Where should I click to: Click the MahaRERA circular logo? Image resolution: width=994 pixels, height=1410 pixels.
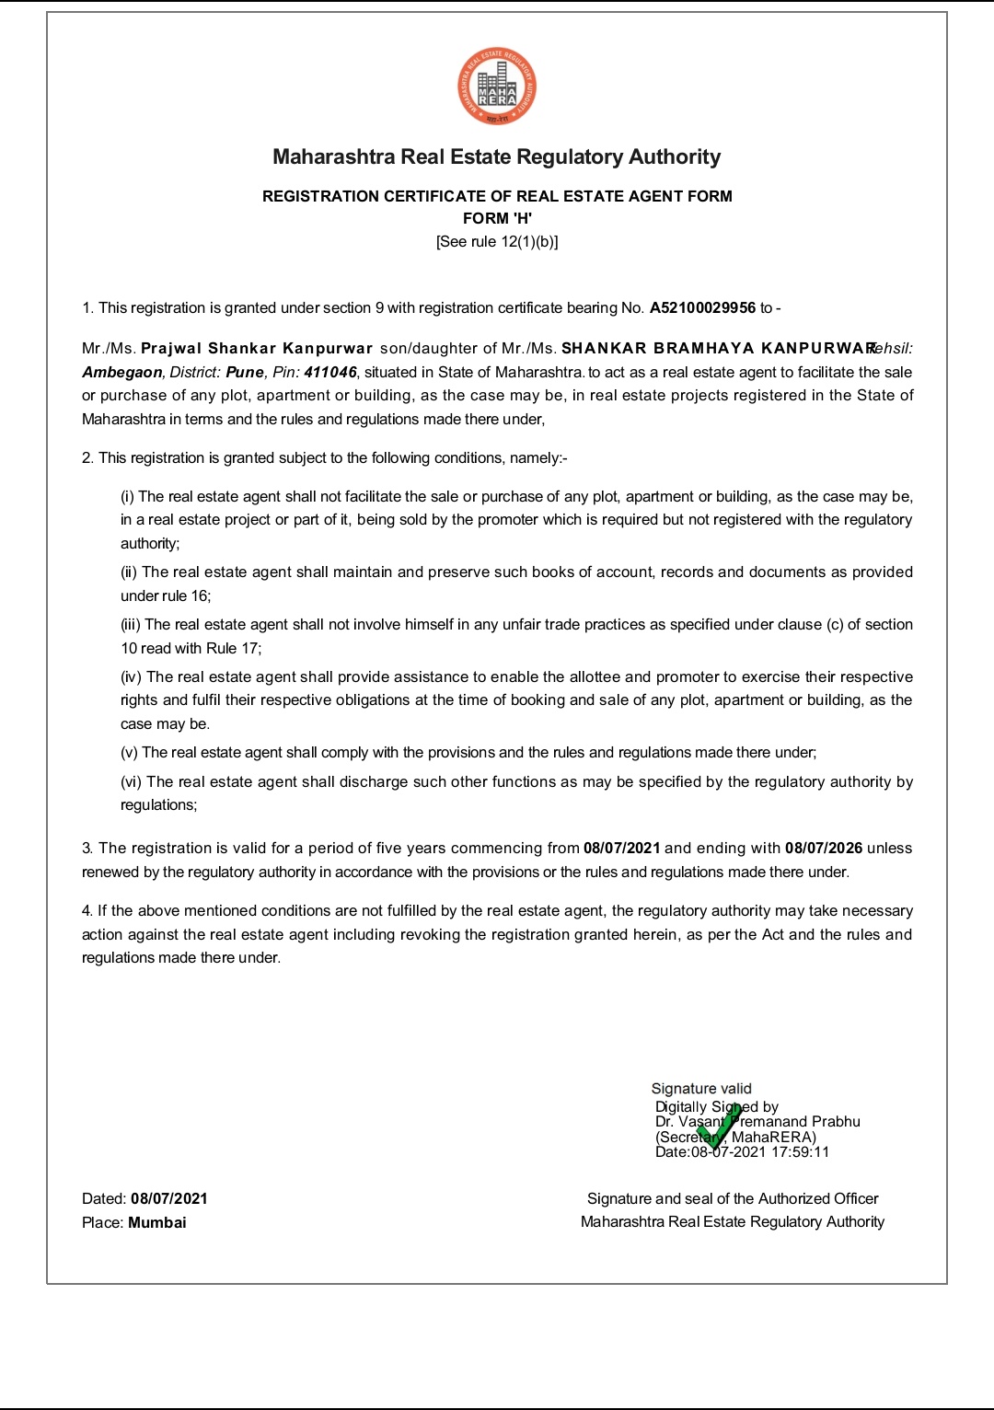497,87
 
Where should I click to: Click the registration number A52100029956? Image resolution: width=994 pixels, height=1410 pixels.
702,308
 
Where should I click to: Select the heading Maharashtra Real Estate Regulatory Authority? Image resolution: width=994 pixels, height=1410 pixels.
497,157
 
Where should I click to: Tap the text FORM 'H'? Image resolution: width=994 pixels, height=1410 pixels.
497,218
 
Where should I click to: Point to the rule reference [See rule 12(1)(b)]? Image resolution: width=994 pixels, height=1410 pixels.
497,242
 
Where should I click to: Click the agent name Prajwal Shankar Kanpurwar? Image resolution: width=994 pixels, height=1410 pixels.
257,349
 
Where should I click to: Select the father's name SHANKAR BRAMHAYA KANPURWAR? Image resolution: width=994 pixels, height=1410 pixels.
718,349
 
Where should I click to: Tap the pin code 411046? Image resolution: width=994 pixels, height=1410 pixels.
330,373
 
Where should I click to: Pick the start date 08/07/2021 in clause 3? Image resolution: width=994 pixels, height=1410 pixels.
621,849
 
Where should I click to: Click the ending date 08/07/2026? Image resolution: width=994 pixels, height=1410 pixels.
824,849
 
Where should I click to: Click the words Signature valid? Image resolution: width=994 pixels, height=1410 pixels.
701,1089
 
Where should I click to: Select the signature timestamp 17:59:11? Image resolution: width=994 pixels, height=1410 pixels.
800,1152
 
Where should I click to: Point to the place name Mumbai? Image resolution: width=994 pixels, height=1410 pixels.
157,1223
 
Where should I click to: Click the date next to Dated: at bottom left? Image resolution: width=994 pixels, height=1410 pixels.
169,1199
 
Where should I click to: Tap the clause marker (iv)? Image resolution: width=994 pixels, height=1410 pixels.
131,677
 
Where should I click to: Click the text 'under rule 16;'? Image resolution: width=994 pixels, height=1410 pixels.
166,596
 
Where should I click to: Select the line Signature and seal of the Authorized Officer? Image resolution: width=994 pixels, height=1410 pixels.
733,1199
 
